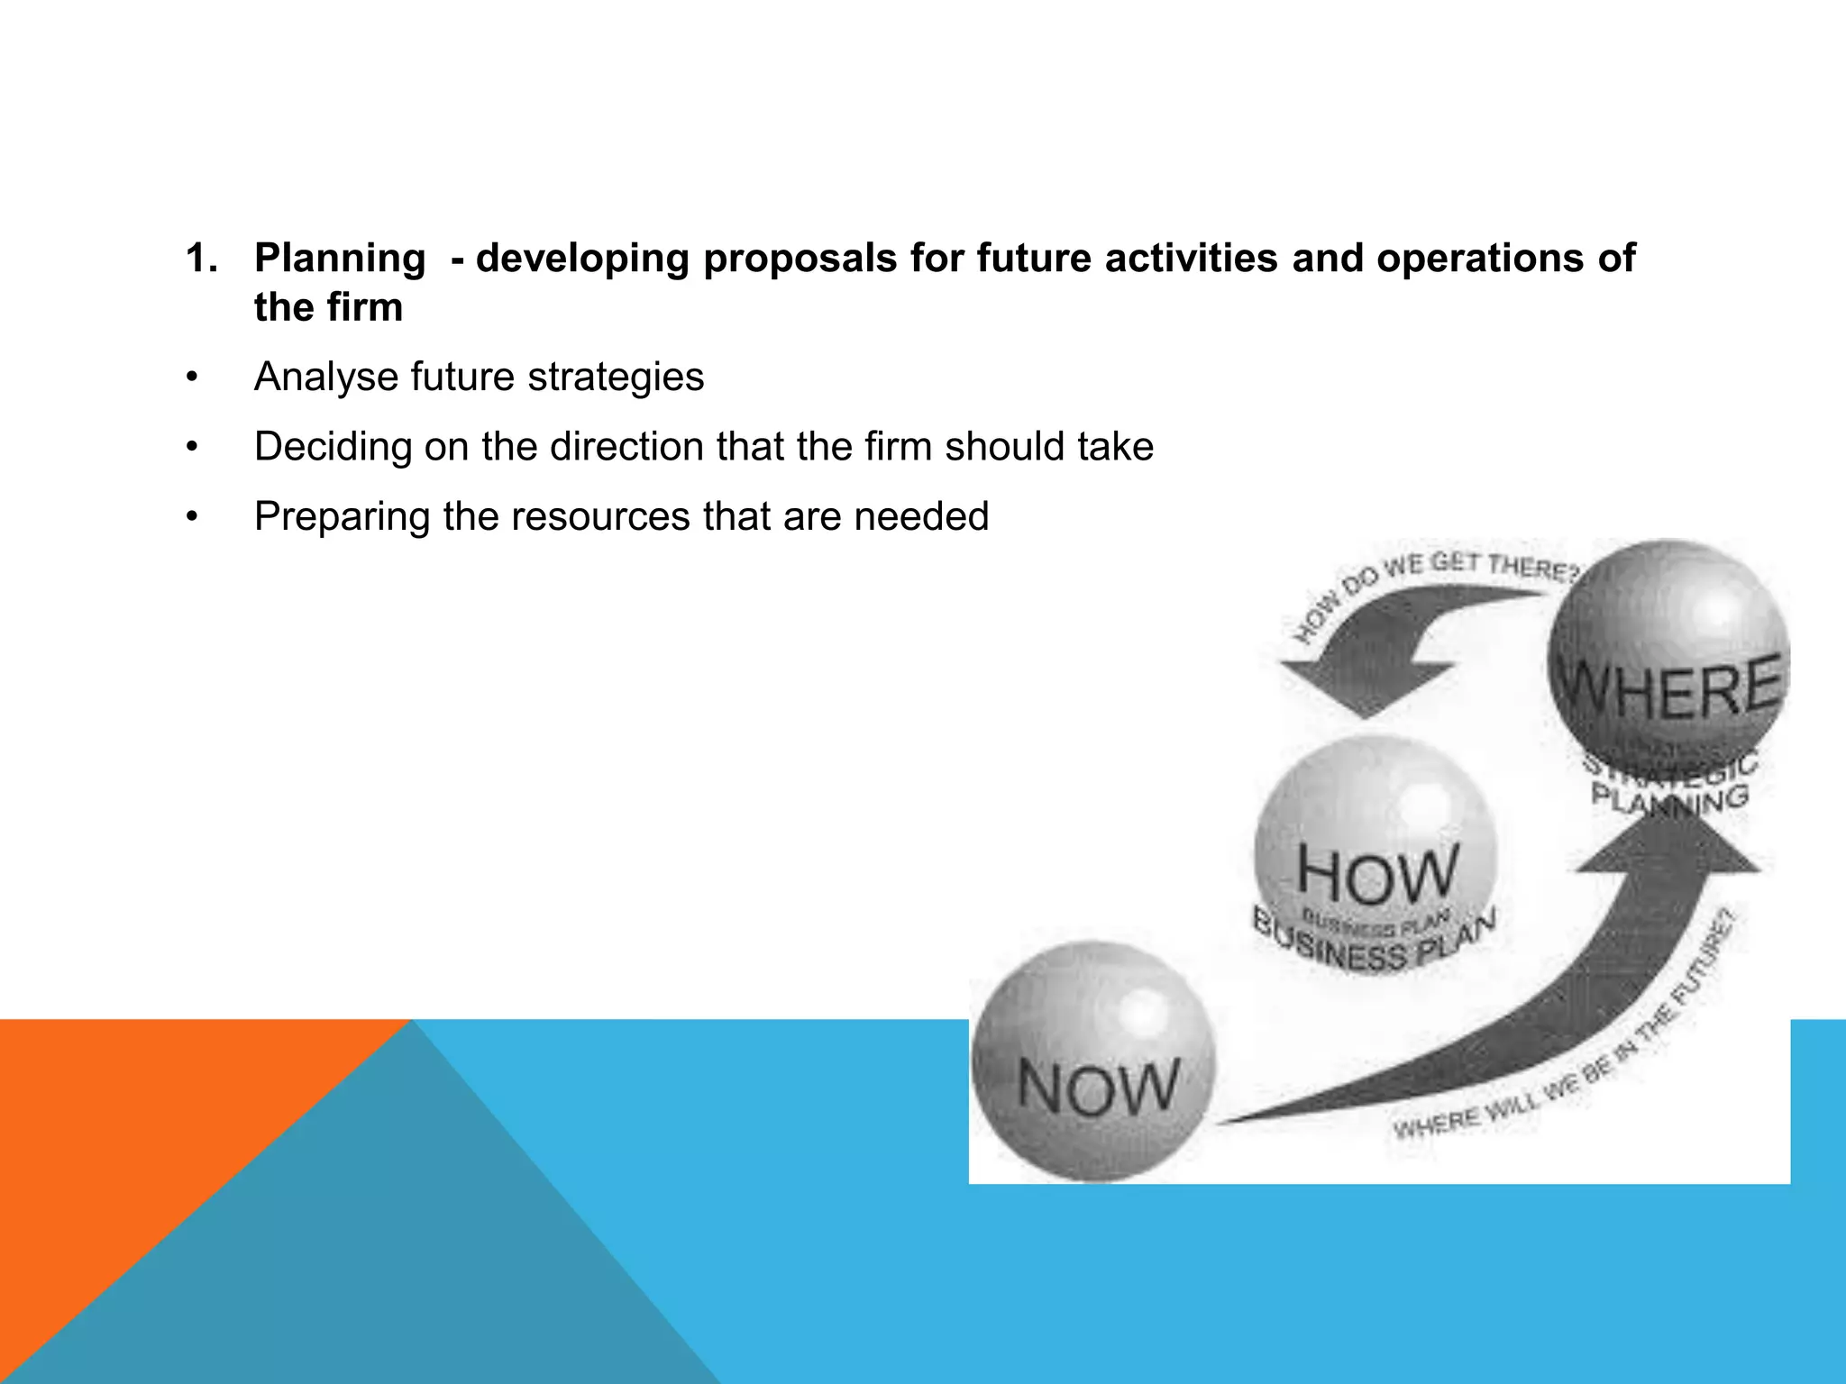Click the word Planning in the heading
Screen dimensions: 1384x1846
coord(339,259)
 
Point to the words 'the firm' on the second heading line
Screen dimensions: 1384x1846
coord(328,308)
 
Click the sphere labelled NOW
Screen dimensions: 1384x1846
coord(1093,1061)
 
